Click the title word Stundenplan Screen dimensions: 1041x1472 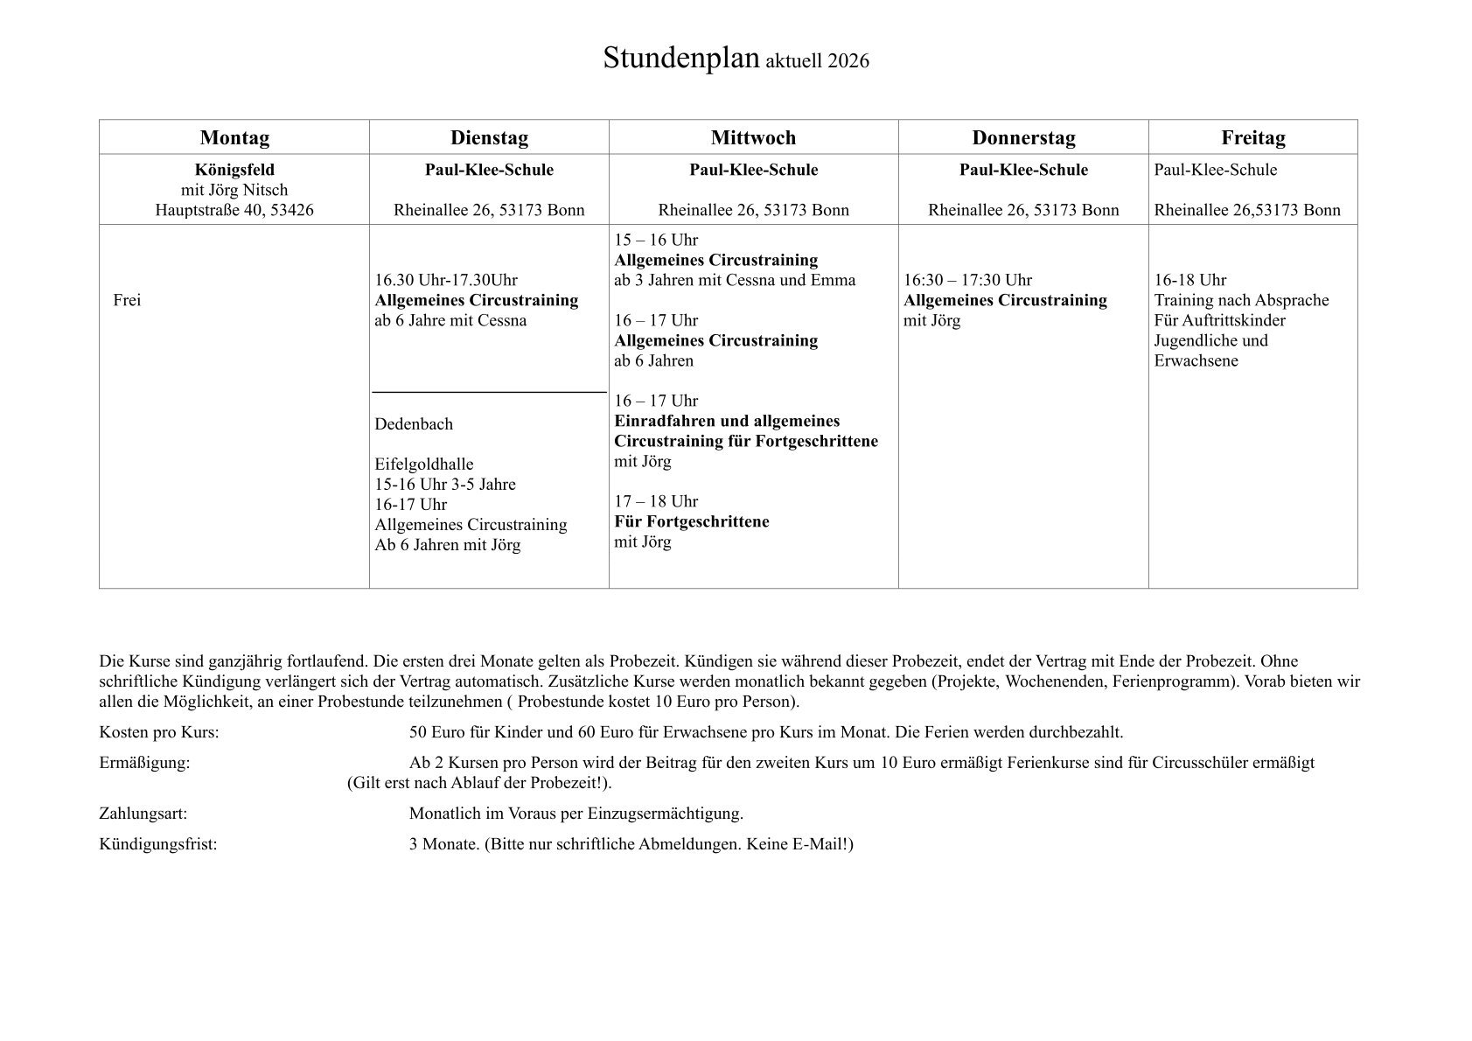pyautogui.click(x=680, y=59)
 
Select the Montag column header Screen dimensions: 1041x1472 pyautogui.click(x=234, y=137)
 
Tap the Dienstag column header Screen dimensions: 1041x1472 pyautogui.click(x=489, y=137)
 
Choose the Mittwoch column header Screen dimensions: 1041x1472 pyautogui.click(x=753, y=137)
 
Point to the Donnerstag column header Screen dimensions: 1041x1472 pyautogui.click(x=1023, y=137)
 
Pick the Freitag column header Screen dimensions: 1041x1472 pyautogui.click(x=1252, y=137)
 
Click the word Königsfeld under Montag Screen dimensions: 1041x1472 pyautogui.click(x=234, y=170)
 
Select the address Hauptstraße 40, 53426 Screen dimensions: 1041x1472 pyautogui.click(x=234, y=210)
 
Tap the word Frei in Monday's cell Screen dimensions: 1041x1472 pyautogui.click(x=127, y=300)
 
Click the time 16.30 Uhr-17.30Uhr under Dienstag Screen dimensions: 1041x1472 pyautogui.click(x=446, y=280)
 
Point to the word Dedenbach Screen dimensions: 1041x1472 pyautogui.click(x=414, y=424)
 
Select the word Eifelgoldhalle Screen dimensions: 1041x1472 pyautogui.click(x=423, y=465)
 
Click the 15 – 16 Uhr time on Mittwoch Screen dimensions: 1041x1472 pyautogui.click(x=656, y=240)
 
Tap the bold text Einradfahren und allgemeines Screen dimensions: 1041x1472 pyautogui.click(x=727, y=421)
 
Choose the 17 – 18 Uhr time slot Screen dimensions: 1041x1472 pyautogui.click(x=656, y=501)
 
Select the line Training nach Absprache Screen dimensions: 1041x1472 pyautogui.click(x=1241, y=300)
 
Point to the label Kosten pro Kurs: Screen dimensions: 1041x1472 pyautogui.click(x=159, y=732)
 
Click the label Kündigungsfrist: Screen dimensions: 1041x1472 pyautogui.click(x=158, y=844)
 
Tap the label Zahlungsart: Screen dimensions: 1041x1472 pyautogui.click(x=143, y=814)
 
